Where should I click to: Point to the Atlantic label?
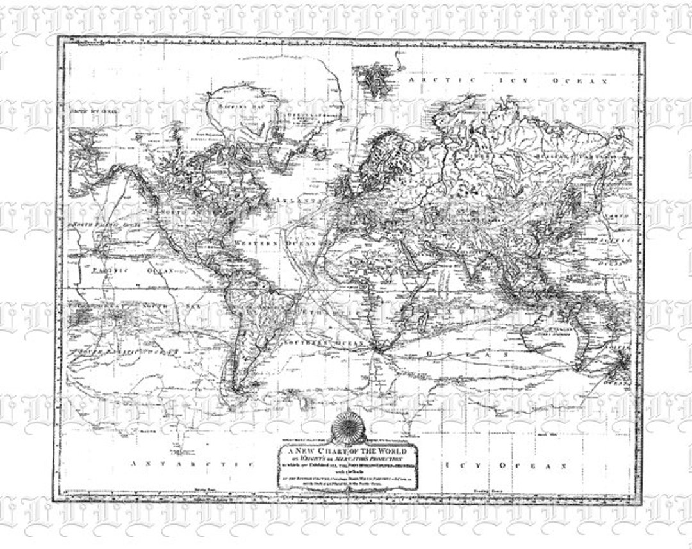click(297, 201)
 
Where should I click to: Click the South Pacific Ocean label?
click(125, 352)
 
